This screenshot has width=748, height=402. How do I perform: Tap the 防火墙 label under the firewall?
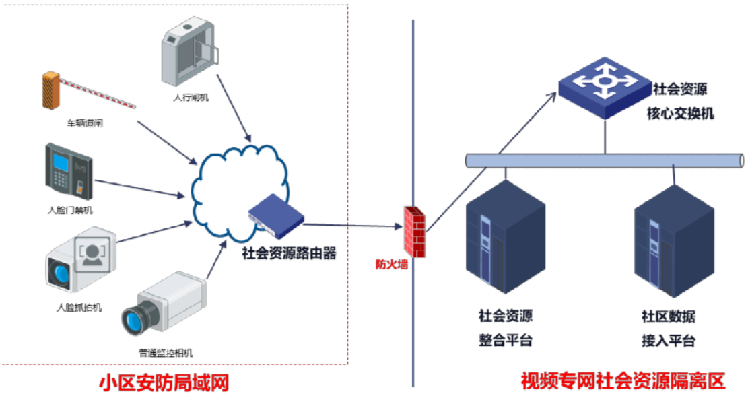coord(391,264)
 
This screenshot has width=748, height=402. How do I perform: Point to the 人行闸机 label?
coord(191,98)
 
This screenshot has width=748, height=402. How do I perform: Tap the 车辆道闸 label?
coord(84,123)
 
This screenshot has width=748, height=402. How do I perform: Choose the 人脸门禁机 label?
coord(70,210)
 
